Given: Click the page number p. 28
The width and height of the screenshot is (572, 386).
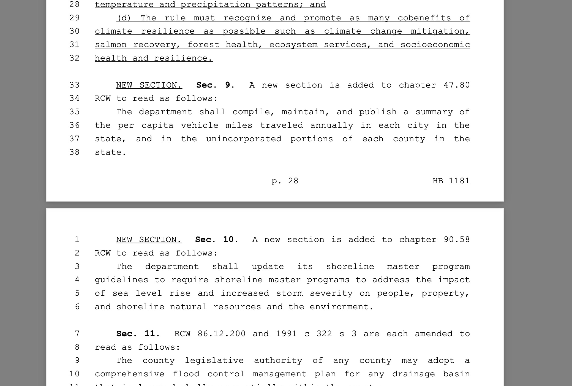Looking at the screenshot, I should (x=285, y=181).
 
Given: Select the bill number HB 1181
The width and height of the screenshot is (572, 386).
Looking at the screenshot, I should (x=451, y=181).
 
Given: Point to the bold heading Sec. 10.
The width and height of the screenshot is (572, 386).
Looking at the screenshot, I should (x=216, y=240).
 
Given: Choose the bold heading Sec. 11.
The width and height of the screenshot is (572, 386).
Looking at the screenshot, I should (x=138, y=334).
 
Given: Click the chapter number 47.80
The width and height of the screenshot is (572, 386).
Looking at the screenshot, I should (x=457, y=85).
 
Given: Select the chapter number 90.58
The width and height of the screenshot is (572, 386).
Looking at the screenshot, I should (x=457, y=240).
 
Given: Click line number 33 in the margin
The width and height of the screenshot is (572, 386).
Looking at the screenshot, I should (x=74, y=85).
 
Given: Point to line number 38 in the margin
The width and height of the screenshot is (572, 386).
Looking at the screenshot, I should (x=74, y=152).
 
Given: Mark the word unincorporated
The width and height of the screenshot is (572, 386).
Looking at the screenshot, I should (x=244, y=139).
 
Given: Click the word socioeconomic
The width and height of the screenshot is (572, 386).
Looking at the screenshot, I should (x=435, y=45).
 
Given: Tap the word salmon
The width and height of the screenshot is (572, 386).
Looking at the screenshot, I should (x=111, y=45).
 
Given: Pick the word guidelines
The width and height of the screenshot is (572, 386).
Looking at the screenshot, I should (x=121, y=280).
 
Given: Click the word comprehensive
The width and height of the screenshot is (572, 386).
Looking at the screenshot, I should (x=130, y=374).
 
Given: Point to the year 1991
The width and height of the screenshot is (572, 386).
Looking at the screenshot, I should (x=286, y=334).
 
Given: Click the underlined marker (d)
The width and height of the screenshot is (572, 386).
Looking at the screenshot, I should (x=124, y=18).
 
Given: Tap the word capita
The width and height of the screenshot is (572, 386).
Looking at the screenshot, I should (x=157, y=126).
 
